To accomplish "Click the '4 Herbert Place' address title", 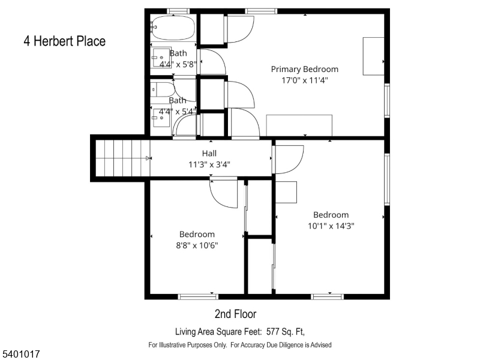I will (64, 41).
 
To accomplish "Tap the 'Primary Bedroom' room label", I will (304, 69).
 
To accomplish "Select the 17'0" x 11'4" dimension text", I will (304, 80).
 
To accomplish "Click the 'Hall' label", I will (209, 153).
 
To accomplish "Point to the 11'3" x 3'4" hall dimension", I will (209, 164).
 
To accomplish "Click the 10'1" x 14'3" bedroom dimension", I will (331, 226).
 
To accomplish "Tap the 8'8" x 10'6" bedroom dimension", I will (197, 245).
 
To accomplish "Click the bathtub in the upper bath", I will (173, 28).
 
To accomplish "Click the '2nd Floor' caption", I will (235, 314).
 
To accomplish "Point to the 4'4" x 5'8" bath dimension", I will (178, 63).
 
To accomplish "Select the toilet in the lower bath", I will (160, 90).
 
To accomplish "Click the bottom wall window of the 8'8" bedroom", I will (198, 296).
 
